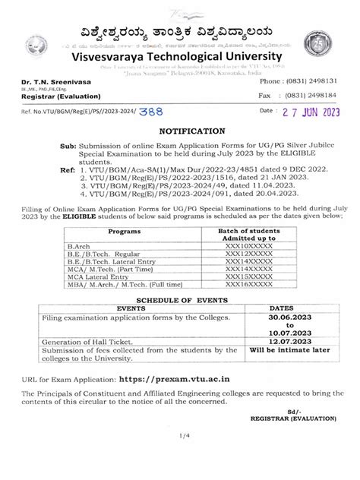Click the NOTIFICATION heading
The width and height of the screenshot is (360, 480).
179,131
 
